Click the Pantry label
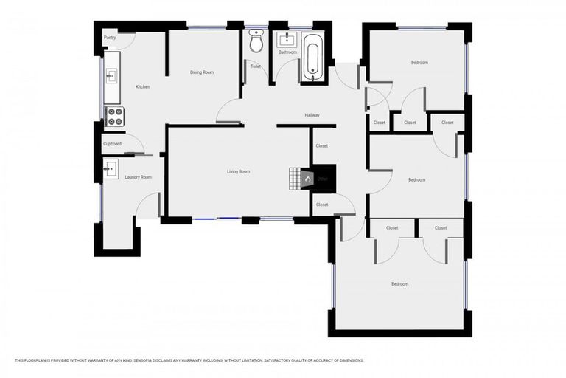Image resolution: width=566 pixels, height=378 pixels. coord(110,38)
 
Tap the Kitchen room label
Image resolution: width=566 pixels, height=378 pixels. coord(143,87)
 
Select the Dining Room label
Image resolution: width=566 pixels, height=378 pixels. coord(202,72)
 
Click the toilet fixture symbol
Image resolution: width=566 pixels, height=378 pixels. coord(256,43)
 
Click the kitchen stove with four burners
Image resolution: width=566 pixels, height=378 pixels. coord(115,116)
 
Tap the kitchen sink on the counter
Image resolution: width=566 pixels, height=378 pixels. coord(112,75)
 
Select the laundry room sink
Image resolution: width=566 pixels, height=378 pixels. coord(111,169)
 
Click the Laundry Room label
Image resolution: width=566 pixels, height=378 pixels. coord(139,177)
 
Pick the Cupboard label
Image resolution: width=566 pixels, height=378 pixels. coord(112,143)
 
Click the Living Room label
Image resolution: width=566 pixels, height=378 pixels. coord(238,171)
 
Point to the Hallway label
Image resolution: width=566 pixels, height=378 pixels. coord(312,115)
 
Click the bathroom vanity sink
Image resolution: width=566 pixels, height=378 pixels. coord(286,38)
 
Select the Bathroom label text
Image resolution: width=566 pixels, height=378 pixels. coord(287,52)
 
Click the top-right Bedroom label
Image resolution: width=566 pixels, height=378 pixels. coord(419,63)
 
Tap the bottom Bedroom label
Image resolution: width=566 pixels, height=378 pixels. coord(399,284)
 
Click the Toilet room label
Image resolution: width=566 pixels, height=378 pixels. coord(256,66)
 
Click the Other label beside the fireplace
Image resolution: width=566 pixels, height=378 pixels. coord(323,179)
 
